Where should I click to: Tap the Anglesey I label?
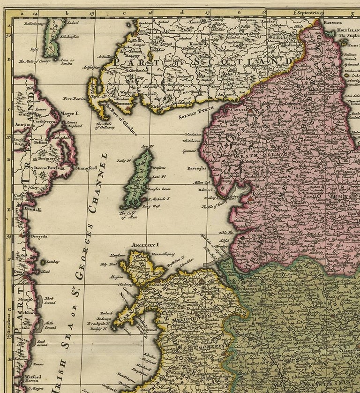[146, 244]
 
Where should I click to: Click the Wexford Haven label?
[33, 378]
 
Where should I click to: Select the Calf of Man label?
[126, 214]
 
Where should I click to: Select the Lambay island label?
[52, 262]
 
